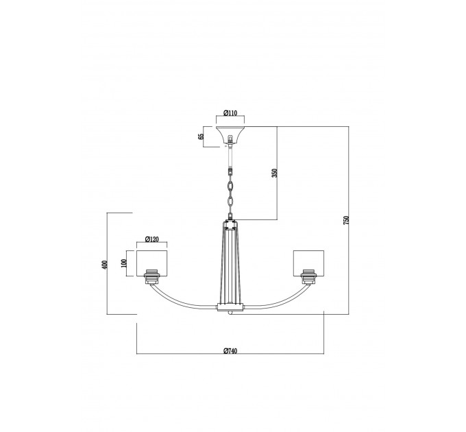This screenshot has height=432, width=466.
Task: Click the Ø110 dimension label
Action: [230, 113]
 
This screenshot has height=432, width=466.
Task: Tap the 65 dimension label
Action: [201, 136]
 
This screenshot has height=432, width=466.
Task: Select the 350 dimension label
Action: [275, 173]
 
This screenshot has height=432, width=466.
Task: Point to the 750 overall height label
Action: [346, 219]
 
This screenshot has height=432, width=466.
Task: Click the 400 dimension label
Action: [104, 265]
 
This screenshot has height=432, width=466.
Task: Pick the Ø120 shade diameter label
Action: [152, 239]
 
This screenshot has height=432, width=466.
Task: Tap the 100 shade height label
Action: [124, 263]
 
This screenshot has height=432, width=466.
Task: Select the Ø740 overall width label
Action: [230, 351]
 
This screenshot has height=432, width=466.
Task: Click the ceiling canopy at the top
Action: [230, 134]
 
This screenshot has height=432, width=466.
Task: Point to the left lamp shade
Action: [152, 263]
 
